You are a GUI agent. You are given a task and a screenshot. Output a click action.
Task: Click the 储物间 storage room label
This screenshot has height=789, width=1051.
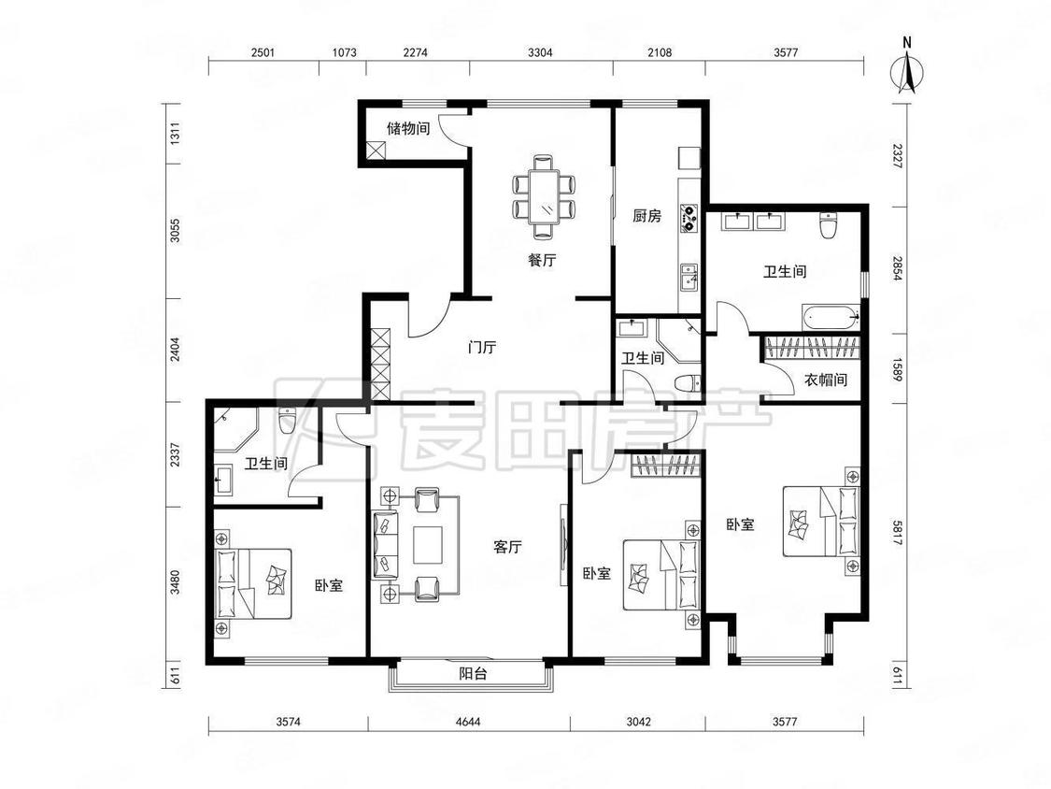tap(408, 127)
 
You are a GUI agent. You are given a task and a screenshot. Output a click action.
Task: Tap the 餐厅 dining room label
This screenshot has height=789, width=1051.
tap(542, 260)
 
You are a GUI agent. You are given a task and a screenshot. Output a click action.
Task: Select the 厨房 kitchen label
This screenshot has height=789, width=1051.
tap(646, 216)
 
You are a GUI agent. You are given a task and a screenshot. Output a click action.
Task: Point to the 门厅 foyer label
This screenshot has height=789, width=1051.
tap(482, 348)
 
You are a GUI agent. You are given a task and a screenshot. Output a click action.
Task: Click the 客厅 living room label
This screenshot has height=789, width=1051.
tap(507, 548)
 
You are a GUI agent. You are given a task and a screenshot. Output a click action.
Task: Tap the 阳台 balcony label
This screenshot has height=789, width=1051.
tap(473, 674)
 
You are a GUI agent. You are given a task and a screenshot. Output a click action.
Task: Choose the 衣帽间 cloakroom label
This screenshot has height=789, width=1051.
tap(826, 380)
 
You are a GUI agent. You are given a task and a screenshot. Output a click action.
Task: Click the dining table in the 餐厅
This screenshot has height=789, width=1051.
tap(545, 196)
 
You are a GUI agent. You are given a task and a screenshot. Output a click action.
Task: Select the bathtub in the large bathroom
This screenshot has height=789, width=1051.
tap(830, 315)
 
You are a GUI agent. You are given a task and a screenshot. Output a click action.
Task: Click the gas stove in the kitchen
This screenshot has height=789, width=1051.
tap(689, 219)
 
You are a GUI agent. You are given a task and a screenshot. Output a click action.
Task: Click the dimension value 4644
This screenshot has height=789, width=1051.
tap(469, 722)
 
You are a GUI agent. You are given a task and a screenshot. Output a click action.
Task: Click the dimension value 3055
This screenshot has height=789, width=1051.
tap(175, 232)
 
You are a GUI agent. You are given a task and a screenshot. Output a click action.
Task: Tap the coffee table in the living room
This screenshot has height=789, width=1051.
tap(428, 545)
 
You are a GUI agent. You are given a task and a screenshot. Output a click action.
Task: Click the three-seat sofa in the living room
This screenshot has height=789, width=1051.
tap(384, 545)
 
